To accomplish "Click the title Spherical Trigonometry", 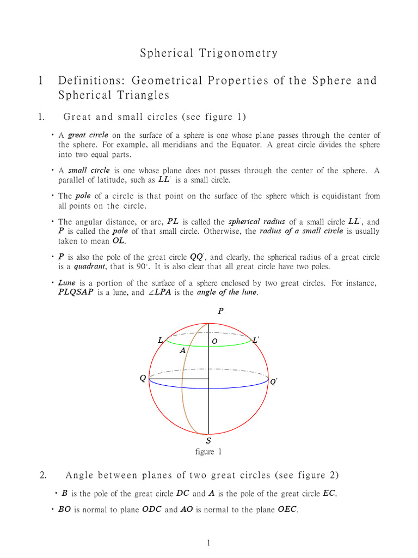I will pos(209,53).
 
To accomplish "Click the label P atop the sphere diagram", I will pos(220,311).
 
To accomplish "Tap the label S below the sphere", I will pos(208,440).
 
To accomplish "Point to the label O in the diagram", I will pos(214,341).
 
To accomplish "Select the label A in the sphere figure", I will pos(183,351).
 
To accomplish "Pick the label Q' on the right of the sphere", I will pos(274,382).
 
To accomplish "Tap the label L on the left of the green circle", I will pos(161,340).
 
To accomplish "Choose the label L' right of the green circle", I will pos(256,340).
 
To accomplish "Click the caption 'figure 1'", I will pos(208,452).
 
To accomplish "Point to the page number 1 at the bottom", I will pos(208,543).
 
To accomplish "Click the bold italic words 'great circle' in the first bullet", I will pos(88,135).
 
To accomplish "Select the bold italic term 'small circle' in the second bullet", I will pos(89,171).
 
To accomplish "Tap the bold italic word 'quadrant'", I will pos(85,266).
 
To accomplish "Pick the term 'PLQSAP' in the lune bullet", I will pos(77,293).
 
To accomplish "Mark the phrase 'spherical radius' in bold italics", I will pos(255,222).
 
